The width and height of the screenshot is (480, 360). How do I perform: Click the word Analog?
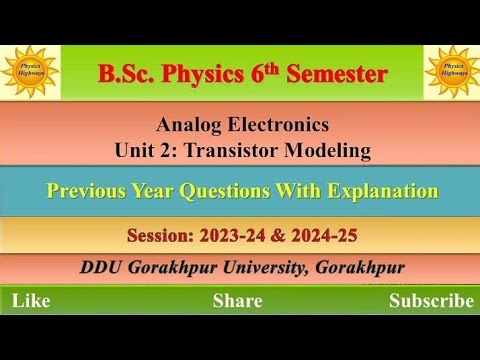pyautogui.click(x=190, y=126)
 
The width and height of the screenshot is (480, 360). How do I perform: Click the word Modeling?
pyautogui.click(x=334, y=151)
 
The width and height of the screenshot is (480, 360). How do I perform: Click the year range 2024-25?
pyautogui.click(x=326, y=236)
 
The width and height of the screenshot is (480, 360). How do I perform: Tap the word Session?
pyautogui.click(x=162, y=236)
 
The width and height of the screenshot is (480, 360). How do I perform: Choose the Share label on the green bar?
pyautogui.click(x=238, y=300)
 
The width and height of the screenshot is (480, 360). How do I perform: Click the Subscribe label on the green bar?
pyautogui.click(x=431, y=300)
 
